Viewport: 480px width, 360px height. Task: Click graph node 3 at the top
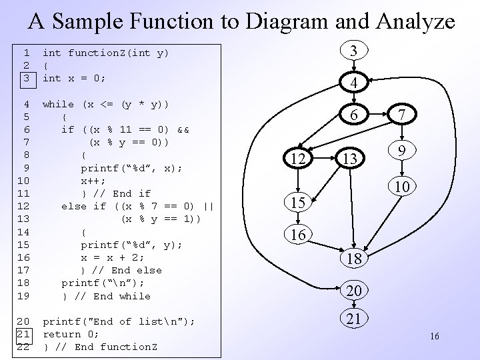[x=355, y=51]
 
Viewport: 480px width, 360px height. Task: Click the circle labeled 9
[x=401, y=151]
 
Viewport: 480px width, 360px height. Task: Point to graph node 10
[x=401, y=187]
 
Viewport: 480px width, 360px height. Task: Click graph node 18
[x=354, y=259]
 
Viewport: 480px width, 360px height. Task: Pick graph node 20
[x=354, y=291]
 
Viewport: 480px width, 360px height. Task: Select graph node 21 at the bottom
[x=354, y=319]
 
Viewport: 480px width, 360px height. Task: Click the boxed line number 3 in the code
[x=26, y=78]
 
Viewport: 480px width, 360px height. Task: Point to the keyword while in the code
[x=58, y=104]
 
